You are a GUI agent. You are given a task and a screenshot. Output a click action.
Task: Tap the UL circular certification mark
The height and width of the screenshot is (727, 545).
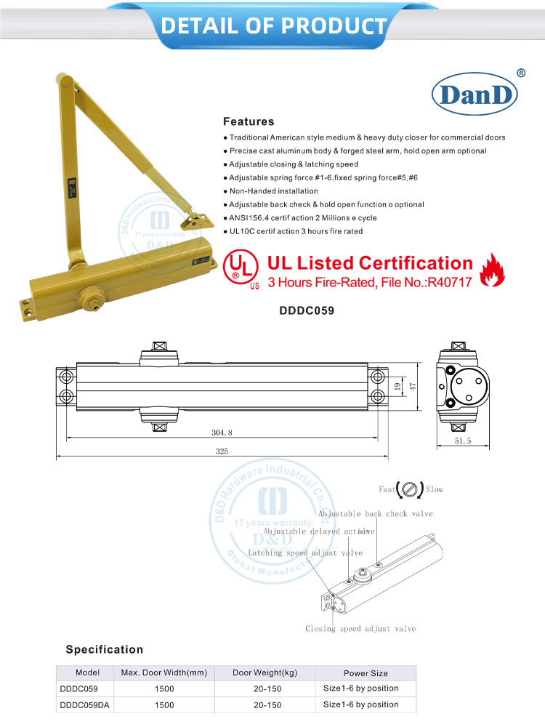[241, 269]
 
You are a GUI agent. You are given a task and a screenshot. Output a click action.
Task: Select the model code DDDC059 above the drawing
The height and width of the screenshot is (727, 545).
[307, 310]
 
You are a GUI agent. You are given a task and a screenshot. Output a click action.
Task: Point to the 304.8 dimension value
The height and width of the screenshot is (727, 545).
[222, 432]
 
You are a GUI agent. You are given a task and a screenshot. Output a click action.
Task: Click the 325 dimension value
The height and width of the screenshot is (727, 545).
[222, 451]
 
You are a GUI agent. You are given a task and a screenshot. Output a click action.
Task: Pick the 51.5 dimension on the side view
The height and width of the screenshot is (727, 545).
[462, 441]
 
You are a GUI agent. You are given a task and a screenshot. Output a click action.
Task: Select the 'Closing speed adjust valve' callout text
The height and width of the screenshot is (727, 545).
[360, 629]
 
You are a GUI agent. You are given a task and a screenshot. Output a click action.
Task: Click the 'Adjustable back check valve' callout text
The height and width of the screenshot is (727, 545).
[375, 514]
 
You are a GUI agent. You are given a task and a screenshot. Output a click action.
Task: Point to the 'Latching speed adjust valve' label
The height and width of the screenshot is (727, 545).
[305, 553]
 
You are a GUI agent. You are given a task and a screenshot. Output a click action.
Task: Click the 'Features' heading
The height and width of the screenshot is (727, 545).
[249, 121]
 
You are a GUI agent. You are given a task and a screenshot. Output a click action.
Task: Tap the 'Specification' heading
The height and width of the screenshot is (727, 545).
[105, 649]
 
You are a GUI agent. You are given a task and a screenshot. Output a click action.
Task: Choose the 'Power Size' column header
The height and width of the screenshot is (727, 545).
[366, 673]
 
